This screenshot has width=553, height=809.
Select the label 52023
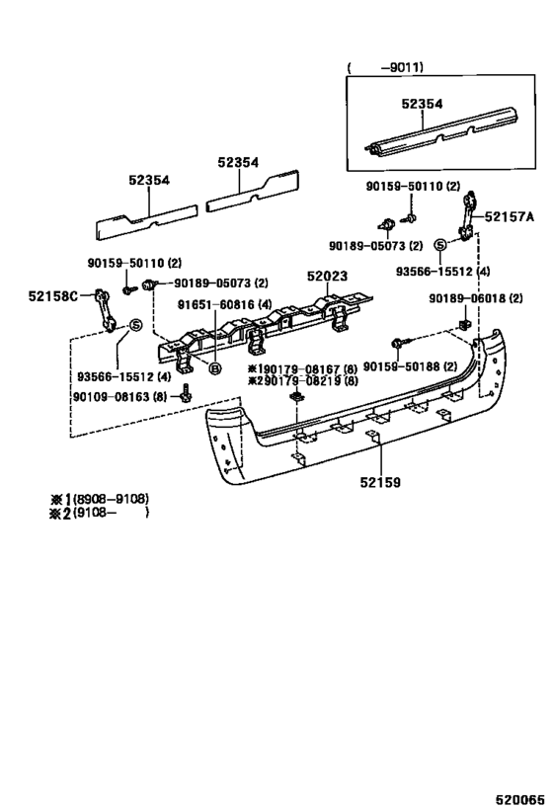(326, 278)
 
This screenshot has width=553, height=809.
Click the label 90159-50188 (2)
(411, 366)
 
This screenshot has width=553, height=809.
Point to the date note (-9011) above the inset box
(385, 68)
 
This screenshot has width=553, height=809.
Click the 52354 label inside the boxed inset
(423, 102)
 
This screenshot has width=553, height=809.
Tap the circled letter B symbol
(213, 368)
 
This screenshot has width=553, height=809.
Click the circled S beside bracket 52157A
(440, 244)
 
